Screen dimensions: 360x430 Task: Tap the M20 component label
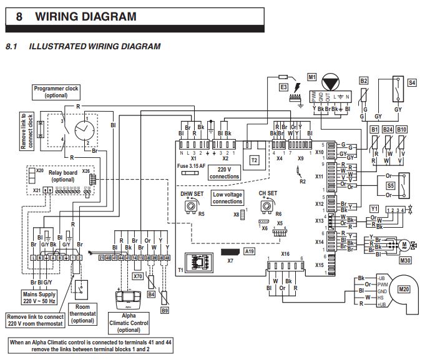pyautogui.click(x=404, y=289)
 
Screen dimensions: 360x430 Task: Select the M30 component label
pyautogui.click(x=405, y=260)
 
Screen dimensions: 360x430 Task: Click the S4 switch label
pyautogui.click(x=412, y=82)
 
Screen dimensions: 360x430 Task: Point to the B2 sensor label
pyautogui.click(x=364, y=81)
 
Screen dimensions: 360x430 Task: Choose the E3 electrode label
pyautogui.click(x=284, y=87)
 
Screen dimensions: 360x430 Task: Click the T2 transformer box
pyautogui.click(x=254, y=160)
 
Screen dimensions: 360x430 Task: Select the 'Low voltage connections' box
pyautogui.click(x=227, y=198)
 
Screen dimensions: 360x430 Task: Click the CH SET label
pyautogui.click(x=268, y=193)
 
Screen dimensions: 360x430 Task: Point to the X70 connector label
pyautogui.click(x=138, y=274)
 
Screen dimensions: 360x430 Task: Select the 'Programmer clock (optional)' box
pyautogui.click(x=56, y=92)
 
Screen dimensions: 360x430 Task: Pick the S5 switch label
pyautogui.click(x=391, y=185)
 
